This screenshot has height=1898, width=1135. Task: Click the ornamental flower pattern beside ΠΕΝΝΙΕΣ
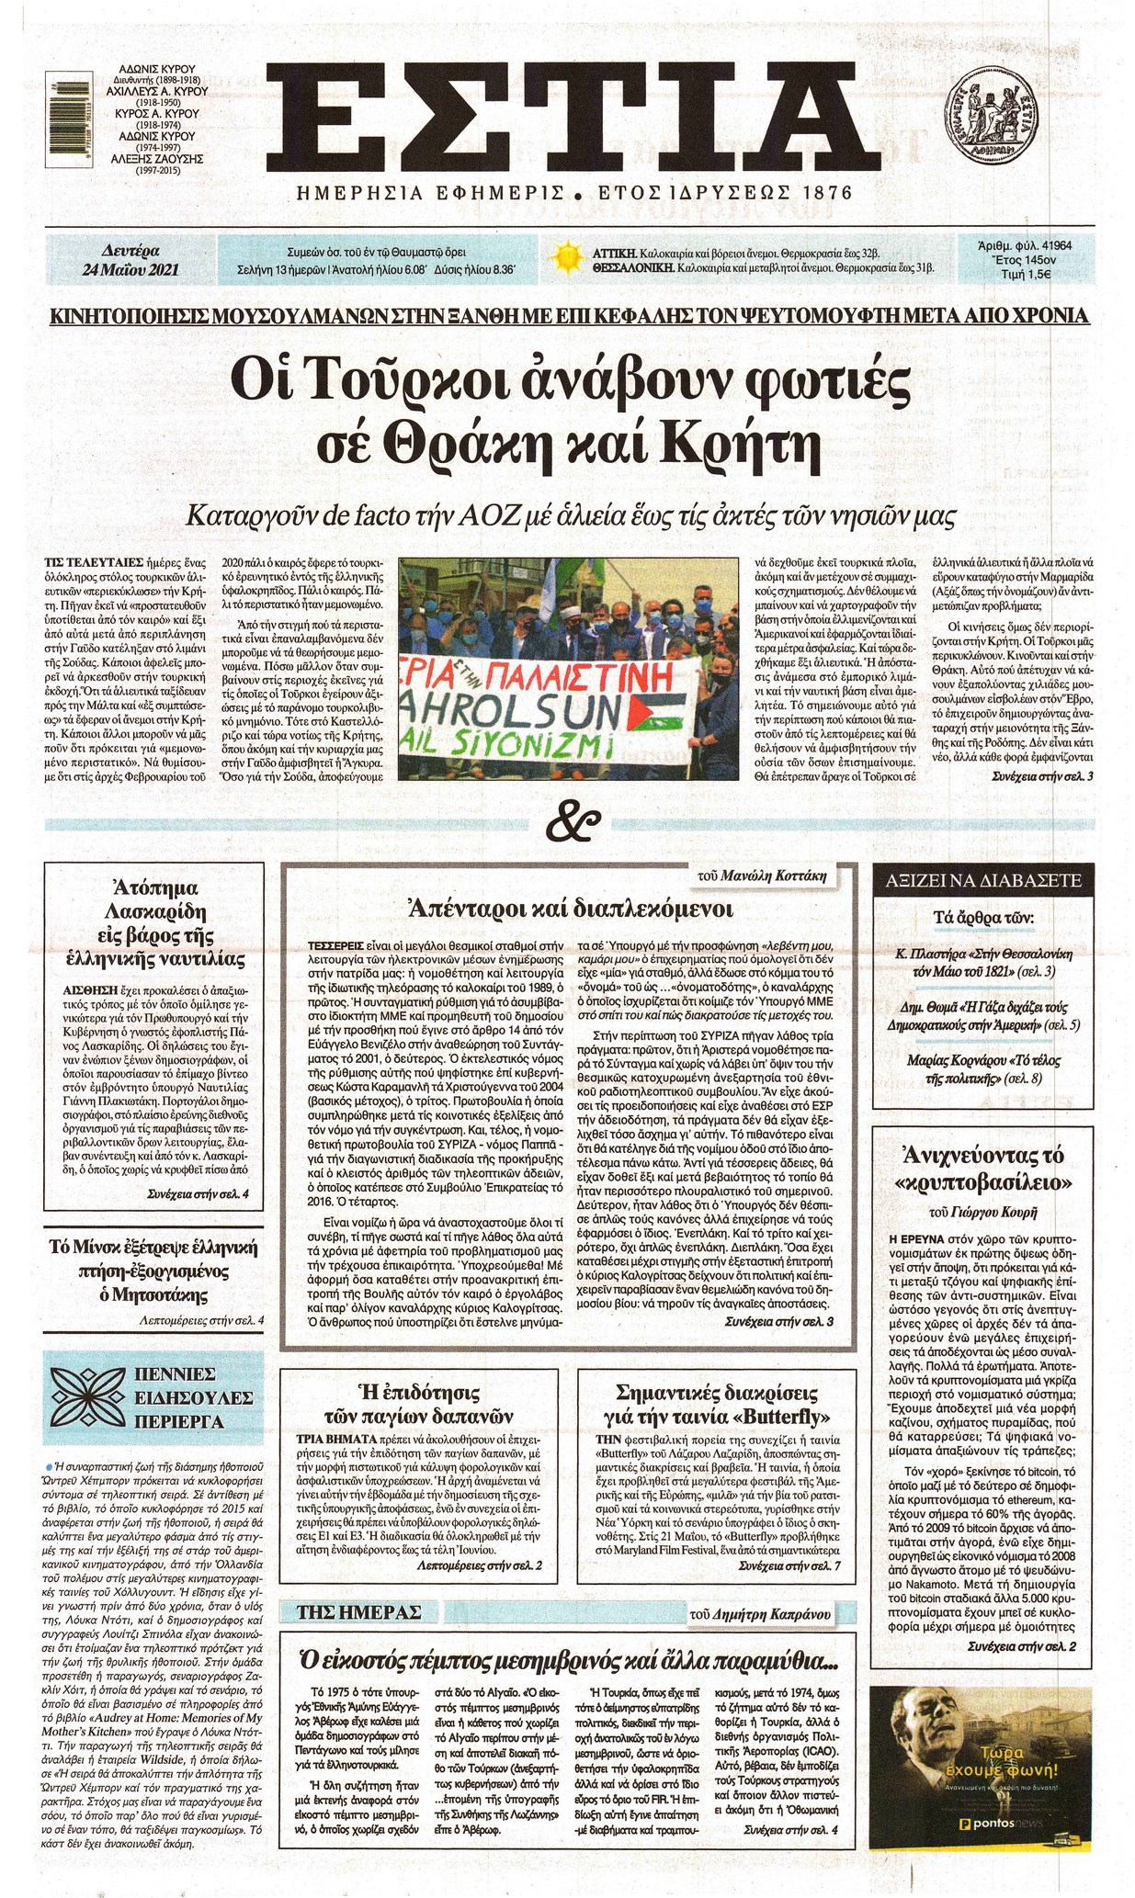86,1398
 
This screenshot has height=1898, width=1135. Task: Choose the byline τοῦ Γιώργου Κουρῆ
982,1212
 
